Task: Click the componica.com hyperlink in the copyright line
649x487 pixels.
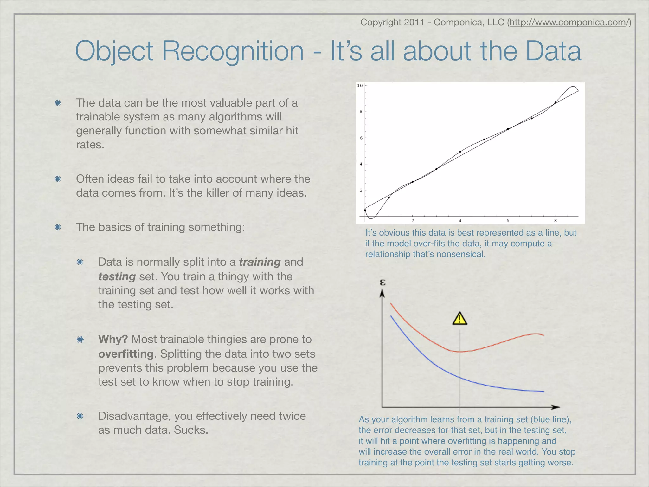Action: (x=569, y=23)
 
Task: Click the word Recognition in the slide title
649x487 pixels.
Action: (x=233, y=51)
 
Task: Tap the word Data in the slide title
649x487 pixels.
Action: (x=553, y=51)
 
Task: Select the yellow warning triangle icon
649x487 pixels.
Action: (x=459, y=319)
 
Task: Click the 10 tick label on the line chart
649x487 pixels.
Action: (x=360, y=86)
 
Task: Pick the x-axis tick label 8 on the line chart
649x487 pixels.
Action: (x=555, y=221)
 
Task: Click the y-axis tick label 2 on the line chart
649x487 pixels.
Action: (x=361, y=190)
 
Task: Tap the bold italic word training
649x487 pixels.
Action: (x=260, y=262)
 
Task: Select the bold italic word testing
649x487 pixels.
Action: (x=117, y=277)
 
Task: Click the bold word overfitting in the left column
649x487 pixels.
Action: (x=126, y=354)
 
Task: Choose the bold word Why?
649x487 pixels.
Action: (x=113, y=340)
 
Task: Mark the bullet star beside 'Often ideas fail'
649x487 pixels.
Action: (x=58, y=179)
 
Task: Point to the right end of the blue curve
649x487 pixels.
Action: (x=543, y=392)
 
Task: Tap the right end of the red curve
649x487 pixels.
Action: (x=543, y=335)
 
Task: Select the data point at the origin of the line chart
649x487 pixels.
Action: (x=365, y=210)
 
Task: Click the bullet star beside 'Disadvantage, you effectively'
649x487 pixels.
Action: (x=80, y=416)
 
